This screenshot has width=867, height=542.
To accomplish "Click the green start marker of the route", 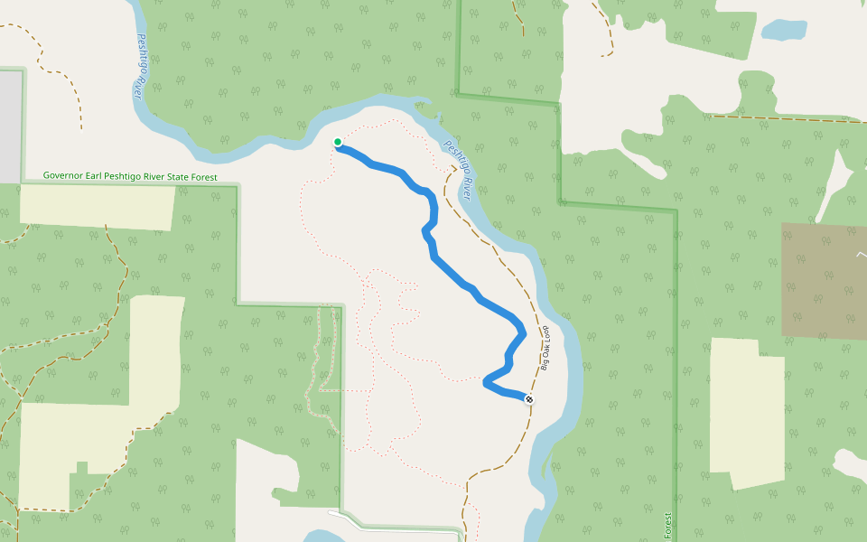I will pos(338,142).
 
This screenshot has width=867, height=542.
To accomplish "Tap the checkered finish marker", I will pos(528,399).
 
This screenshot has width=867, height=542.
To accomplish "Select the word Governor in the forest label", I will pos(63,177).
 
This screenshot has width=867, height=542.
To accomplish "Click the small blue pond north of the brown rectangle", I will pos(783,30).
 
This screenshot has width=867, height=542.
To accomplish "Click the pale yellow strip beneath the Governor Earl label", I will pos(97,206).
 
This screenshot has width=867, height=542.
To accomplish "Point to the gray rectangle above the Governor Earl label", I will pos(10,126).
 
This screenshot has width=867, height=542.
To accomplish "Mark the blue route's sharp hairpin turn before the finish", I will pos(488,383).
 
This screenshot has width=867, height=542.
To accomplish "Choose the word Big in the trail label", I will pos(545,364).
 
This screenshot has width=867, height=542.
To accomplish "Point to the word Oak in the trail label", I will pos(545,350).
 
